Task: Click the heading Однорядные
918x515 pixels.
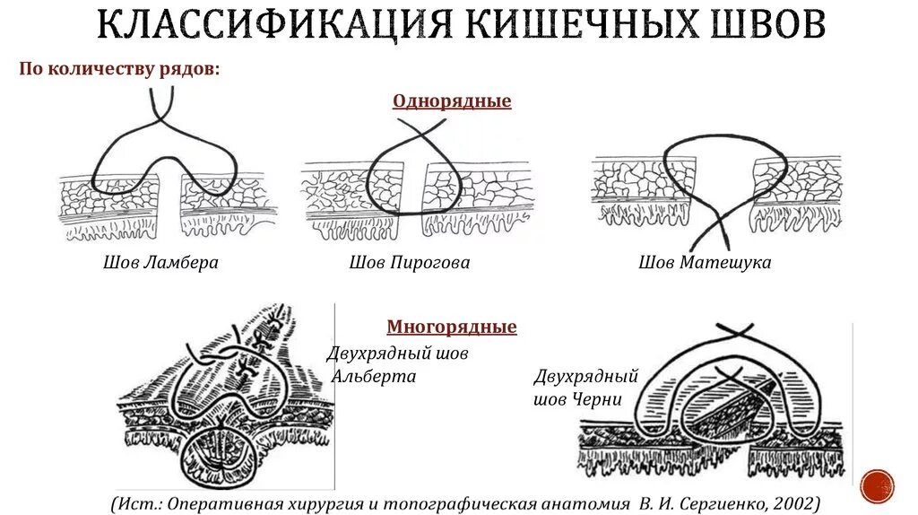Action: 452,101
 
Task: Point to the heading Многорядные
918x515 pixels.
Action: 452,327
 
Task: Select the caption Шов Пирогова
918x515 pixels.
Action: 410,263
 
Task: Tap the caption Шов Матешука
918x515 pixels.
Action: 705,263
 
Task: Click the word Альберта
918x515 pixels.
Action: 375,376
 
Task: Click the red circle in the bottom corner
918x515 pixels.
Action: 877,485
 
